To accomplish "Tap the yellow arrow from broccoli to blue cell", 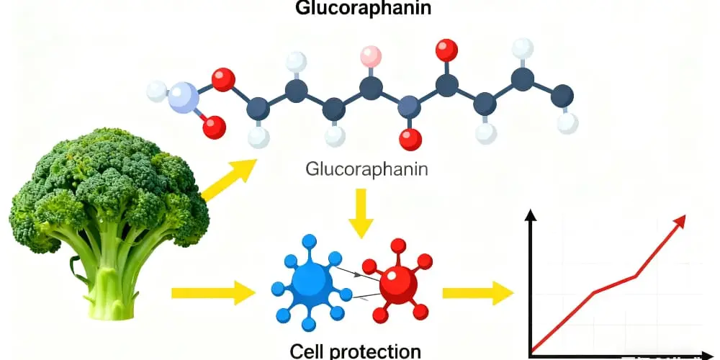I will click(213, 292).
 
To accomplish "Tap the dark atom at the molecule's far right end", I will click(562, 95).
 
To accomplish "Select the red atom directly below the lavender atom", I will click(213, 128).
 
